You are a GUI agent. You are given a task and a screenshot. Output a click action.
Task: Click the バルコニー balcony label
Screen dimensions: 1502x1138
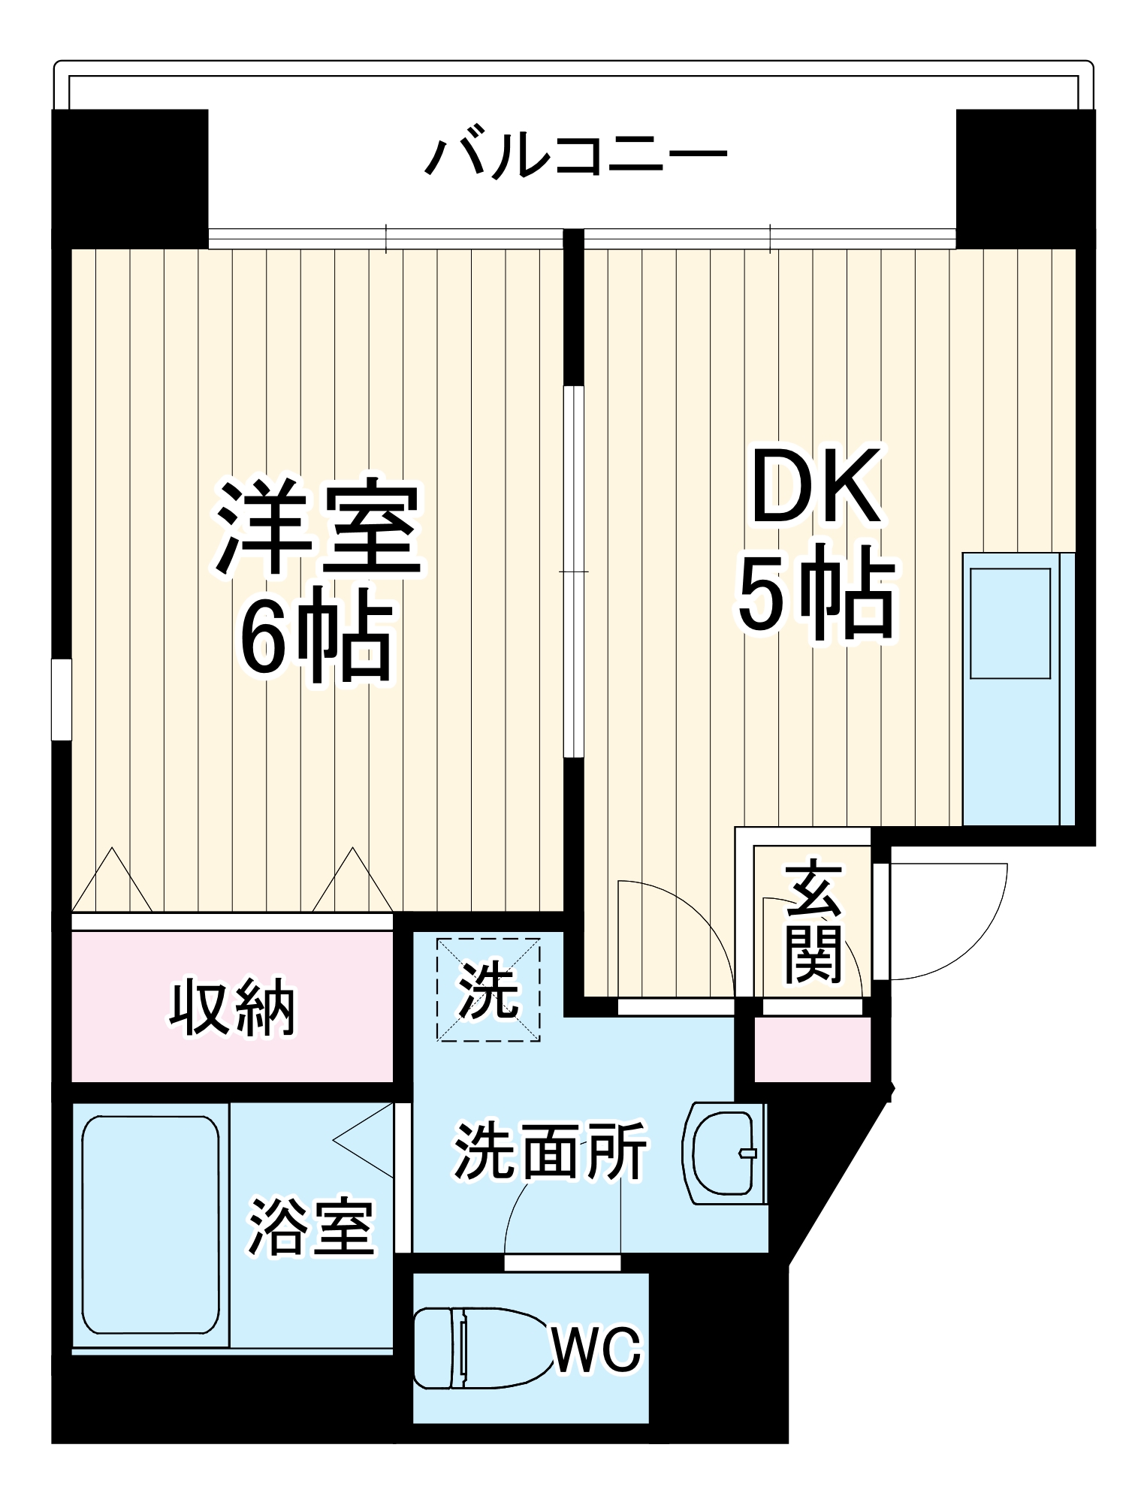point(575,156)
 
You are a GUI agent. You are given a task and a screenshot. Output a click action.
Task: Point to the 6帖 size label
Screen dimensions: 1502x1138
point(315,639)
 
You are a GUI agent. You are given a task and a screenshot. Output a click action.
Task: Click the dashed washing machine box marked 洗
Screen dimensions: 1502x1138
point(489,989)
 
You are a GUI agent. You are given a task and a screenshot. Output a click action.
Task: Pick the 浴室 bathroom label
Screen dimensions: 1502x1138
point(311,1229)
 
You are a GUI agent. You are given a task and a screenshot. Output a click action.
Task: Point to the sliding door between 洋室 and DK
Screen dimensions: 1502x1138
point(574,571)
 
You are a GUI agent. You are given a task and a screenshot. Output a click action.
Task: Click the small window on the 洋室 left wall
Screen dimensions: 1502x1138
point(61,699)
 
